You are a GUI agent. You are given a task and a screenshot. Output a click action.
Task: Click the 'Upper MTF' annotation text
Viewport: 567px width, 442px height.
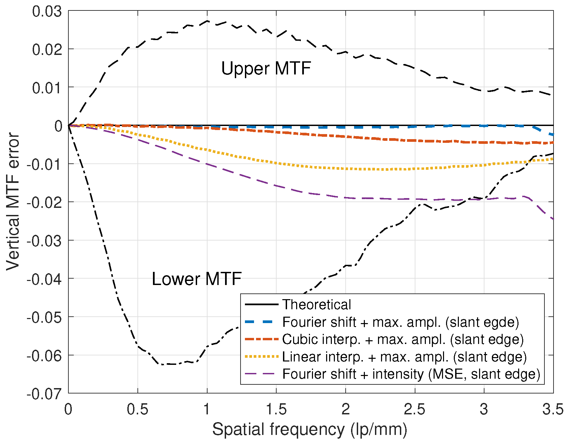(266, 68)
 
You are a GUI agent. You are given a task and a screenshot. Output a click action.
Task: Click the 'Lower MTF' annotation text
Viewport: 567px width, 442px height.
(196, 279)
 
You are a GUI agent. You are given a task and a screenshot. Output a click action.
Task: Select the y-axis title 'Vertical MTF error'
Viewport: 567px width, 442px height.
(13, 201)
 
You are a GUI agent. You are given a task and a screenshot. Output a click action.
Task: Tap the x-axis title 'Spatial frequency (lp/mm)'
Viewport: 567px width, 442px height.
(310, 430)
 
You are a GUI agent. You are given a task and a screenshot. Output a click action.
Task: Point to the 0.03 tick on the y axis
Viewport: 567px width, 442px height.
(47, 11)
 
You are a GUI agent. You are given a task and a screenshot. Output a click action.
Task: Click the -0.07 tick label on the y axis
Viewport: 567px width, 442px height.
(44, 393)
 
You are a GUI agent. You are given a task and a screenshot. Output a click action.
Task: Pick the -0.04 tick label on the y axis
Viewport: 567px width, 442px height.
(44, 279)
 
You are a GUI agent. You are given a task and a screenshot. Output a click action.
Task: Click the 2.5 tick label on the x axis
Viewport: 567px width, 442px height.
(415, 410)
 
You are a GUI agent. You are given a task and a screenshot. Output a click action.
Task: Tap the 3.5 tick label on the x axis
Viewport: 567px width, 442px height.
(553, 410)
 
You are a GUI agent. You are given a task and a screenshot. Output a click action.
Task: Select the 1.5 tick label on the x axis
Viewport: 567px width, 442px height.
(276, 410)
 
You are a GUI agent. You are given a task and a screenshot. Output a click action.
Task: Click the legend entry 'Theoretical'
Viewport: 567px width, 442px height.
(316, 305)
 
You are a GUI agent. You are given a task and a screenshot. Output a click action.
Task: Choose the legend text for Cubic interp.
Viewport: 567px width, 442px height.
(403, 339)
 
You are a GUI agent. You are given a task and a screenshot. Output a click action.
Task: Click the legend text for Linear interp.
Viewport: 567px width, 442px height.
(404, 357)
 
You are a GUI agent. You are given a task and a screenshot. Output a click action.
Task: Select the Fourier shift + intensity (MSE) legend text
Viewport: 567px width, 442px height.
(411, 374)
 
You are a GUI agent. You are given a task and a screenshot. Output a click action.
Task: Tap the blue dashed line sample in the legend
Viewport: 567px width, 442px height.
(261, 322)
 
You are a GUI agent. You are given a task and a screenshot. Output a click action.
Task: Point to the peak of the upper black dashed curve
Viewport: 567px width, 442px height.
(207, 21)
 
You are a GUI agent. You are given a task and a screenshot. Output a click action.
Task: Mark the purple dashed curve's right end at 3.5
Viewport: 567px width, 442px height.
(553, 219)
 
